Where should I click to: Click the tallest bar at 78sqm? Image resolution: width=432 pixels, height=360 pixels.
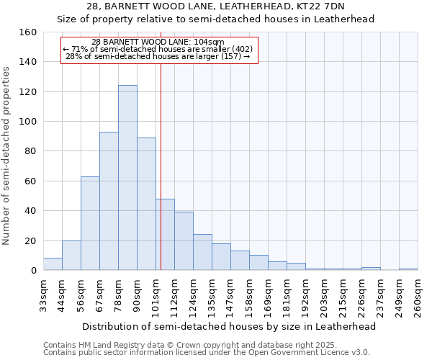[x=127, y=178]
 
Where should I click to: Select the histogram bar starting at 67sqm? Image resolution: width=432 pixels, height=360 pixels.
[x=109, y=201]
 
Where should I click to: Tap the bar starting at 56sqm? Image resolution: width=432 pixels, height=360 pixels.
[x=90, y=223]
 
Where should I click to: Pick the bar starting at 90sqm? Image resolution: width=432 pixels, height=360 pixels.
[x=146, y=204]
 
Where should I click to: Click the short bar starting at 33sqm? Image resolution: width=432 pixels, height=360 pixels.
[x=53, y=264]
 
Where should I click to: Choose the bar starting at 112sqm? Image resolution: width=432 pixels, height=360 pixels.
[x=184, y=241]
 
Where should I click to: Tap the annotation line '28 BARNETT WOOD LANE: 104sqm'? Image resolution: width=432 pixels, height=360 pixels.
[x=158, y=42]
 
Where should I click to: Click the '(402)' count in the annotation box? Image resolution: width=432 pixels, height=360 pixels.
[x=241, y=49]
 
